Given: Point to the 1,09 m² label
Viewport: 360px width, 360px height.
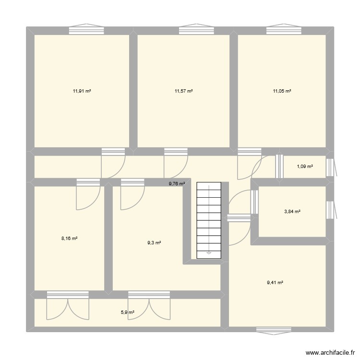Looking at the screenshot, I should point(305,167).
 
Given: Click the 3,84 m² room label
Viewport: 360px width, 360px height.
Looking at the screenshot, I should point(292,211).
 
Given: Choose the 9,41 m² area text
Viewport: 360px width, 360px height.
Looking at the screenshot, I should point(275,283).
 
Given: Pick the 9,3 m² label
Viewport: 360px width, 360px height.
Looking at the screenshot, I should point(154,243).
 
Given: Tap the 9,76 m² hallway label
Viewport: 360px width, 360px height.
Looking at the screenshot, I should point(177,183).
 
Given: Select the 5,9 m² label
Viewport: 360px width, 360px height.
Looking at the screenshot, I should point(127,312).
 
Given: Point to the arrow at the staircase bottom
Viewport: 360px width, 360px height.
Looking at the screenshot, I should point(209,252).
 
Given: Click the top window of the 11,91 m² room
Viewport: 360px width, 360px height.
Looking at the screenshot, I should point(86,30).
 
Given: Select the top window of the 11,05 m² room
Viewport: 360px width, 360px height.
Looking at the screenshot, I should point(283,30).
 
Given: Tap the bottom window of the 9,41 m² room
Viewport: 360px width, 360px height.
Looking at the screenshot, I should point(274,329).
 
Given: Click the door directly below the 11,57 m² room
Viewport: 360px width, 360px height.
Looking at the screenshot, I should point(176,163).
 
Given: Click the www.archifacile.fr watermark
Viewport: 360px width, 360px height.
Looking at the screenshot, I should point(328,351).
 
